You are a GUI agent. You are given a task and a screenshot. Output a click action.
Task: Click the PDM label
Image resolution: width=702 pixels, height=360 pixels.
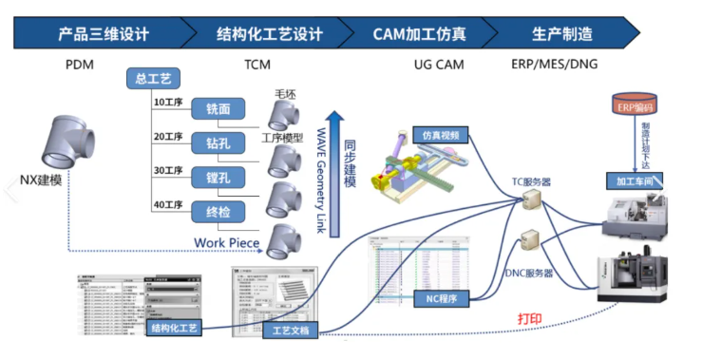click(81, 66)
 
